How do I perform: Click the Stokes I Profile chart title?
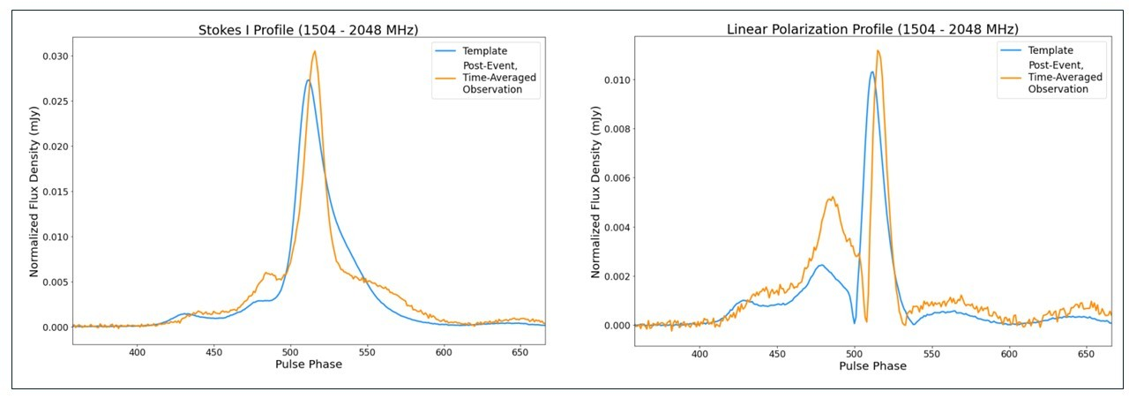[x=309, y=31]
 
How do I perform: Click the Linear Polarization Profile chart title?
[x=872, y=30]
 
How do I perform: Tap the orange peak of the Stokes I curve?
[x=314, y=52]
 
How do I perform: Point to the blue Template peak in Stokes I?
[x=308, y=81]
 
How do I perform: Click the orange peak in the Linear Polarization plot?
[x=878, y=51]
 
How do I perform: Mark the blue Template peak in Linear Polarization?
[x=871, y=72]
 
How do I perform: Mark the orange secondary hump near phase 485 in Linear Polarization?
[x=831, y=198]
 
